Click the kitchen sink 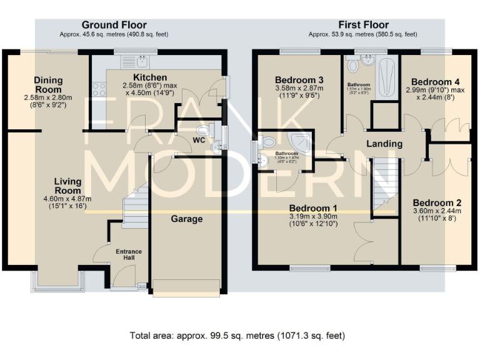point(144,61)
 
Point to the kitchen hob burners point(99,89)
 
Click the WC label point(199,140)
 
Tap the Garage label point(187,219)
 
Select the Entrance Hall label point(128,255)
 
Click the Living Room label point(67,186)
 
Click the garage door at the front point(187,287)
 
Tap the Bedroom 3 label point(299,80)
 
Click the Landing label point(384,144)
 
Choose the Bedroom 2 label point(437,203)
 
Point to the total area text point(237,336)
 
